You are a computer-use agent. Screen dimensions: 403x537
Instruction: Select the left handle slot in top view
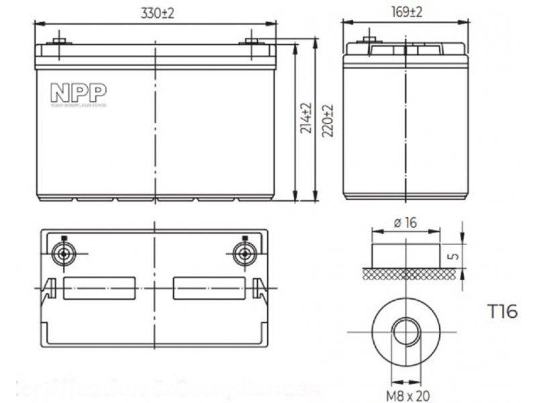(x=99, y=288)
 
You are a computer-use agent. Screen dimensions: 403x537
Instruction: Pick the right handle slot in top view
(x=209, y=288)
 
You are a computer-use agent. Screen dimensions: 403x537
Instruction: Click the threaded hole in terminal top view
(x=405, y=332)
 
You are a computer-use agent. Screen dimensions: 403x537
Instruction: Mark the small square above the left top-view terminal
(x=64, y=238)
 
